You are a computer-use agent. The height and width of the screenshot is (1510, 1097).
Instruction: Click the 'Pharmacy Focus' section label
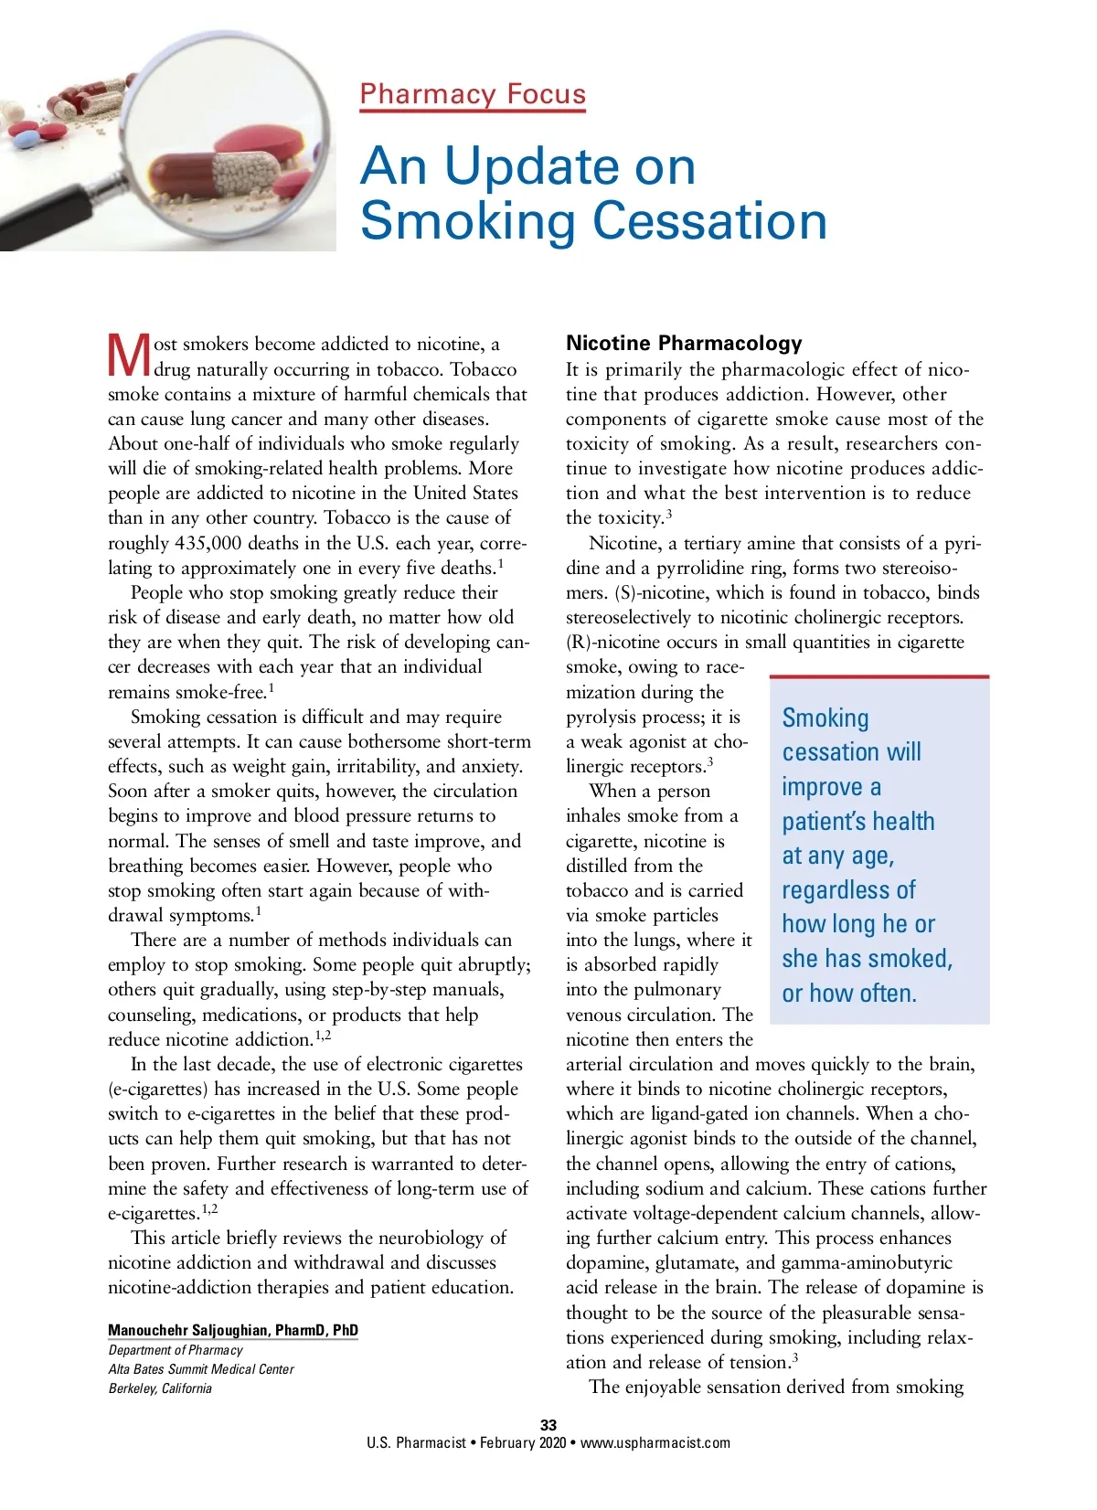point(472,94)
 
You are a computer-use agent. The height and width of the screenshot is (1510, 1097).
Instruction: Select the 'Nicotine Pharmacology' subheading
point(684,344)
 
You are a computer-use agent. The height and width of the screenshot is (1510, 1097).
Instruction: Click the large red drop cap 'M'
point(129,356)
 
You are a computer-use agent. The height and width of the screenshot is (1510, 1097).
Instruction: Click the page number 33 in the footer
point(548,1424)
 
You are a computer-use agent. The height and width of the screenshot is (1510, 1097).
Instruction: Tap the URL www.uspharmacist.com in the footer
point(655,1442)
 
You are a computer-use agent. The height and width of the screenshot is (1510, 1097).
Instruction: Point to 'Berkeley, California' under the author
point(160,1388)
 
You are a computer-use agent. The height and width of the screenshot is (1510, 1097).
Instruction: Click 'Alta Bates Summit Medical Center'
point(201,1369)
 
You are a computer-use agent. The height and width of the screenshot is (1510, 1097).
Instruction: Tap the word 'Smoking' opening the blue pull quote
point(825,718)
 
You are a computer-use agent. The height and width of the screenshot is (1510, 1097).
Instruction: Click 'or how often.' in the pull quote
point(849,994)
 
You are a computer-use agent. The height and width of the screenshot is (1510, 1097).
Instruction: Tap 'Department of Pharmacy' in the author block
point(176,1350)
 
